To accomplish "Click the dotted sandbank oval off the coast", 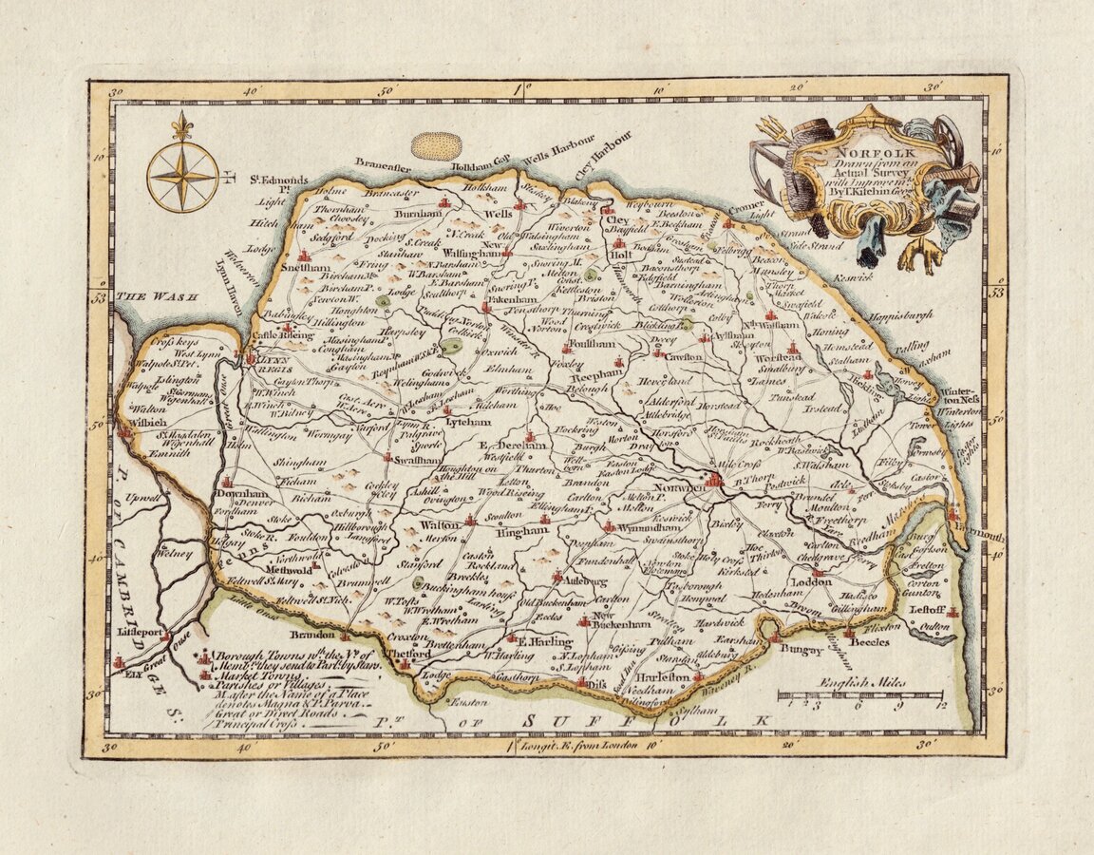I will pyautogui.click(x=436, y=146).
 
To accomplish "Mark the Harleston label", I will pyautogui.click(x=661, y=676).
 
